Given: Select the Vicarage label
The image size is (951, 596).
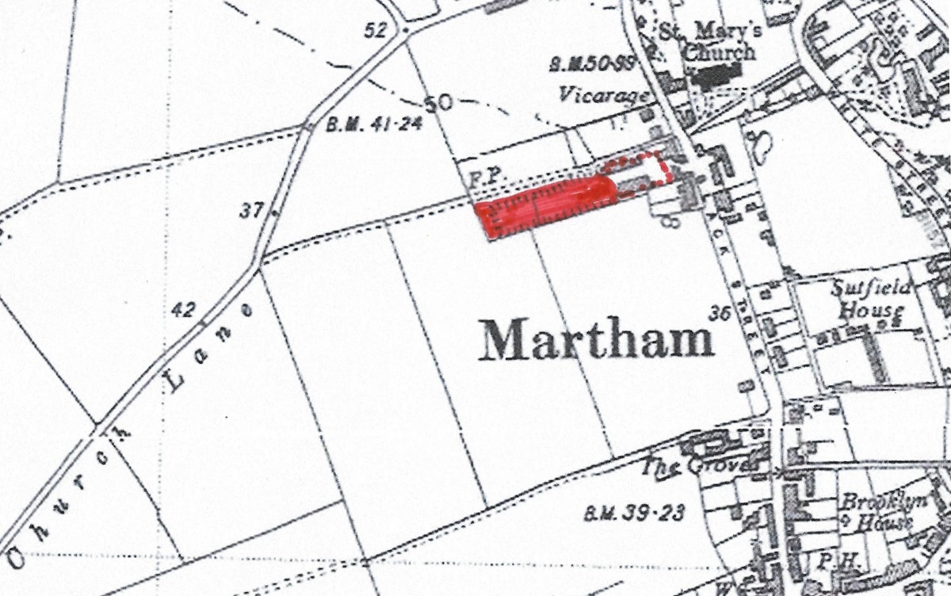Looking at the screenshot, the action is click(604, 94).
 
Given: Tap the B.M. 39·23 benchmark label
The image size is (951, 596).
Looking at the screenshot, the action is click(633, 514).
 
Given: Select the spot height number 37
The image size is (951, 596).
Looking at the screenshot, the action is click(251, 211).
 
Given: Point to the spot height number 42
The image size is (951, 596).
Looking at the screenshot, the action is click(183, 310).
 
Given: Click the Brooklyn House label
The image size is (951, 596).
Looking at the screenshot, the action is click(876, 512).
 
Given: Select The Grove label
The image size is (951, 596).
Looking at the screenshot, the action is click(704, 466).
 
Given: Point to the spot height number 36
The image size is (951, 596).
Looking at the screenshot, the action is click(719, 313).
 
